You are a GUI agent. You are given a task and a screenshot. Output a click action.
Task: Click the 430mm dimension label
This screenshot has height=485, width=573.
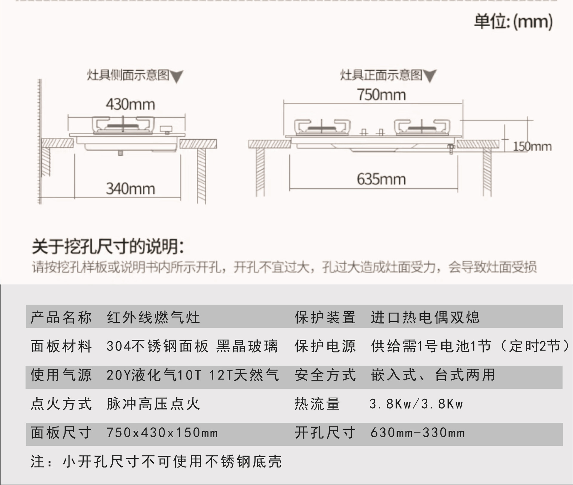130,104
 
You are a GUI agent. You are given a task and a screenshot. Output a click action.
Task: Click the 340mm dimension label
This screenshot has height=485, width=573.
130,189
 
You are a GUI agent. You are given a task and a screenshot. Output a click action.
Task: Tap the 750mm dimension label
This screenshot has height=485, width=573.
381,95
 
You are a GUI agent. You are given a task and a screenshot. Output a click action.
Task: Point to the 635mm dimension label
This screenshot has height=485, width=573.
381,179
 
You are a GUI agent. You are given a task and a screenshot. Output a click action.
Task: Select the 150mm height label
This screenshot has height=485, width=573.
532,146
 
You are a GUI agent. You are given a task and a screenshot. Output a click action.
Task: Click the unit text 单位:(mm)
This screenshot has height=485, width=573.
513,21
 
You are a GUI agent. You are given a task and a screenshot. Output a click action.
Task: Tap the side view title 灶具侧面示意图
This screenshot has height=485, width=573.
128,75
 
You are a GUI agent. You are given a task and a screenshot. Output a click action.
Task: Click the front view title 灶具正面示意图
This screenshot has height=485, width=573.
381,75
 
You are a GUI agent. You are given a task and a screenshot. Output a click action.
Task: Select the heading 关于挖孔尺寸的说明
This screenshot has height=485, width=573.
108,247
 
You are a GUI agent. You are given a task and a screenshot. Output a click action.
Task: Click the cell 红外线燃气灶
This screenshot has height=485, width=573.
153,317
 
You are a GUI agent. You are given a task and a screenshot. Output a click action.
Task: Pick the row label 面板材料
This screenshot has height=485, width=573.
61,346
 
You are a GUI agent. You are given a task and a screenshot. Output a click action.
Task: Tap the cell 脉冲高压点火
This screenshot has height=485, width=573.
153,404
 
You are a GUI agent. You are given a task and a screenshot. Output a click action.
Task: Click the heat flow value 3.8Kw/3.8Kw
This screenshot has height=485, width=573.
416,404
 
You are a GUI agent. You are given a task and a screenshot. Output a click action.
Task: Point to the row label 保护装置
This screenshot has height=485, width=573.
325,317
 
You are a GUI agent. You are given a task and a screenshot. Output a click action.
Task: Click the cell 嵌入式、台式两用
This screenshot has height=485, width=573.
433,375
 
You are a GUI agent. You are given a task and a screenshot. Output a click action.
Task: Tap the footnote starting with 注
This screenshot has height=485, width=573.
156,461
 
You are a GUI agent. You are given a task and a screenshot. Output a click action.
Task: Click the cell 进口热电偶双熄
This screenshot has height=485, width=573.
425,317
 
